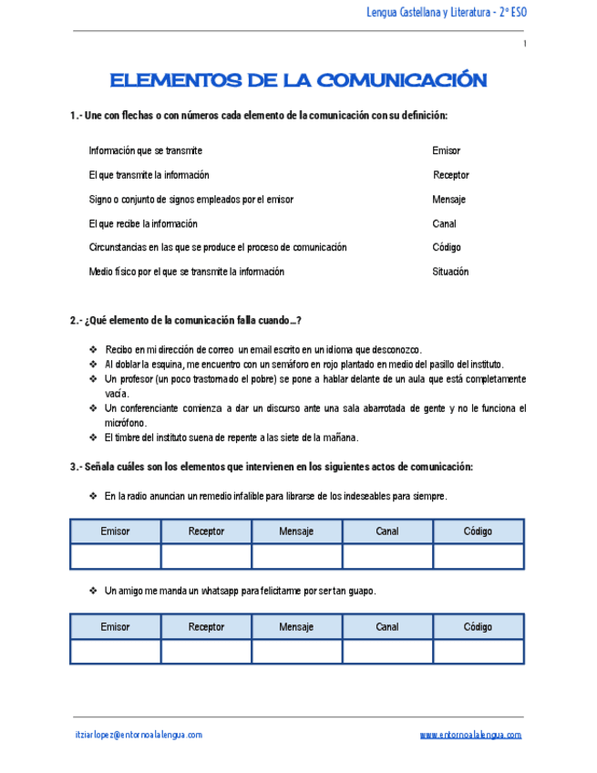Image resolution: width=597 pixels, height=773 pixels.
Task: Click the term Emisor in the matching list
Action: [x=447, y=150]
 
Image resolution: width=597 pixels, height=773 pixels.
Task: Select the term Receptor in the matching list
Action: [x=451, y=175]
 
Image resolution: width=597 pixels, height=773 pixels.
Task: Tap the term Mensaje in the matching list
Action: [x=449, y=199]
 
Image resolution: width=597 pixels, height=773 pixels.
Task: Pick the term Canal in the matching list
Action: [x=444, y=223]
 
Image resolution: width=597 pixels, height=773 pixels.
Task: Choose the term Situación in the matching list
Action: [x=450, y=272]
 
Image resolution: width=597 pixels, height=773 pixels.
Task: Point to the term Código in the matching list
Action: [x=447, y=247]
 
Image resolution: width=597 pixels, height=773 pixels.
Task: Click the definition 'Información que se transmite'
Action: [x=145, y=150]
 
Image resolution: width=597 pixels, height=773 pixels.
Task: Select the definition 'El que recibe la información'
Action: [x=143, y=223]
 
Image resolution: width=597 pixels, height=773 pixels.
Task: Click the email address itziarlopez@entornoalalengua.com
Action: [x=139, y=735]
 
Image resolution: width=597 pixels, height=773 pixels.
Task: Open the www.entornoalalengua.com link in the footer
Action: [x=470, y=735]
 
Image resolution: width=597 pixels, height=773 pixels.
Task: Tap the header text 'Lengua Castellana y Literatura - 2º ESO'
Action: [x=446, y=12]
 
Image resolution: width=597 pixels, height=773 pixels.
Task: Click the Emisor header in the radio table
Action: [x=115, y=531]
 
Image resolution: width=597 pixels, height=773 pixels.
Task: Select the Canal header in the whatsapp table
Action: [x=387, y=627]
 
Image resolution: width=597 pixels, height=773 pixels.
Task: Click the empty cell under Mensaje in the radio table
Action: [x=296, y=556]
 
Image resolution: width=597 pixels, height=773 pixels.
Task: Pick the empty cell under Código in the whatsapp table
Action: [x=478, y=652]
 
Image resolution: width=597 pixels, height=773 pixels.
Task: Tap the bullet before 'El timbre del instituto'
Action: [x=93, y=437]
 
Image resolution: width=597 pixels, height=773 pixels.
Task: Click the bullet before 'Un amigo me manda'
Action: [x=93, y=591]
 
